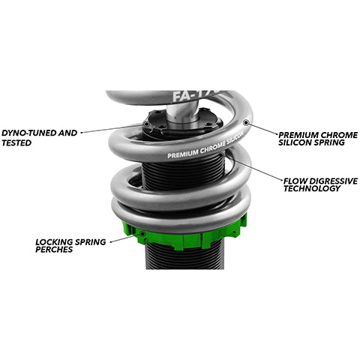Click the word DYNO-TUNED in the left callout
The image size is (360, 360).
[x=27, y=133]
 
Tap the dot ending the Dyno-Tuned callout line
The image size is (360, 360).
[x=147, y=125]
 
